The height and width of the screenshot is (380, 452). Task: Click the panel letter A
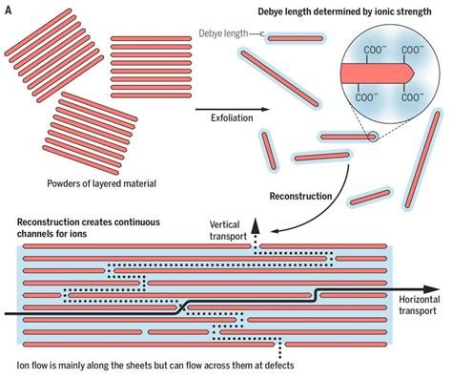pyautogui.click(x=8, y=9)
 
